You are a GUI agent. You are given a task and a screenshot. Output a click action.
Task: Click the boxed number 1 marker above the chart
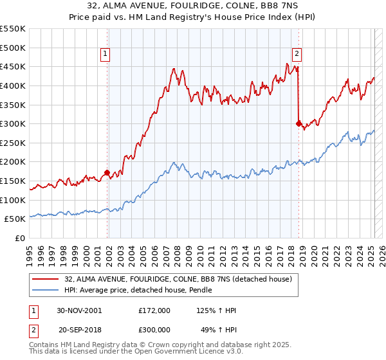coord(105,55)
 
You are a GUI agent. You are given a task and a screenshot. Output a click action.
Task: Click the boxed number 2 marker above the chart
coord(297,55)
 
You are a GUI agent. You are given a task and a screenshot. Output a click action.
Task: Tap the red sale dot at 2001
coord(107,172)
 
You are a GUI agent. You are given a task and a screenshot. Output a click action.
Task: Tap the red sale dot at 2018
coord(299,123)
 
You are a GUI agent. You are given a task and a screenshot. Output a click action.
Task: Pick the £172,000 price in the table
coord(154,310)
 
